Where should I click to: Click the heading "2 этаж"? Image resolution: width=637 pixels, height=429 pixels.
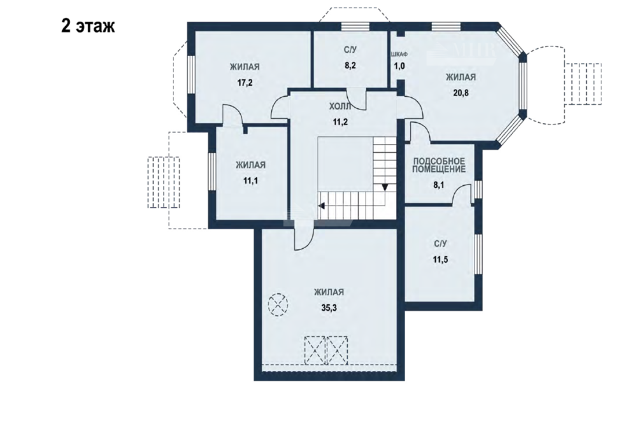tap(88, 25)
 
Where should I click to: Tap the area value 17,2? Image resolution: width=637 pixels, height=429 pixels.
tap(245, 83)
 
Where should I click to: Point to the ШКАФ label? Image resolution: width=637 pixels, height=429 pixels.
tap(399, 54)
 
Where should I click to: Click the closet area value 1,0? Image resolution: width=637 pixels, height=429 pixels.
tap(399, 66)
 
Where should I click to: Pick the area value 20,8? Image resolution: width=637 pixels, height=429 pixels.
tap(461, 92)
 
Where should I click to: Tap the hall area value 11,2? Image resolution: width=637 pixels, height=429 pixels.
tap(340, 122)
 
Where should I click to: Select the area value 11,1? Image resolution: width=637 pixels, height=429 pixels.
tap(250, 181)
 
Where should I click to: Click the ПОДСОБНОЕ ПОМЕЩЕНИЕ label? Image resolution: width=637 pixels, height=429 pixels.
tap(439, 165)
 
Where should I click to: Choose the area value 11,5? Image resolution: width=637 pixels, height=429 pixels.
tap(440, 260)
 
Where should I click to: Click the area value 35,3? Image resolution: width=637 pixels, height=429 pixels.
tap(329, 307)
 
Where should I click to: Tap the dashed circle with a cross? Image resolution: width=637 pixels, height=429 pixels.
tap(278, 304)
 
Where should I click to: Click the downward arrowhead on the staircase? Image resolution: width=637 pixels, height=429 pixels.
tap(385, 188)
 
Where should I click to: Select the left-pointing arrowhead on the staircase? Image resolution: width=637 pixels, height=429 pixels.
tap(321, 206)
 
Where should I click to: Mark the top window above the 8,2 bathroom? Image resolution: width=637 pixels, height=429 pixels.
tap(355, 27)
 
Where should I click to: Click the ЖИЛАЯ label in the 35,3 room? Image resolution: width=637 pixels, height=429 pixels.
tap(329, 292)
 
